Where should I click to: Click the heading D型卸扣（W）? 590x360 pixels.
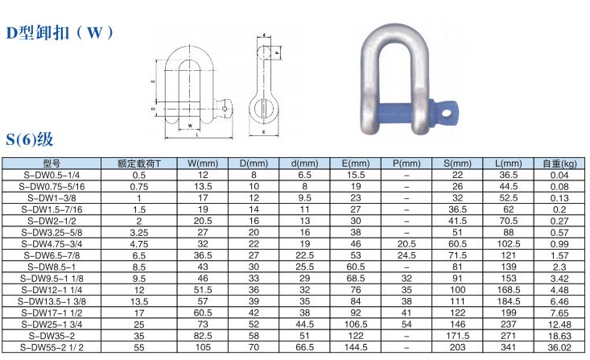(60, 33)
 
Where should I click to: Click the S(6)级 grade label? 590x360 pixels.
(29, 139)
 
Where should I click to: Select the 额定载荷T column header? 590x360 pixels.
(138, 163)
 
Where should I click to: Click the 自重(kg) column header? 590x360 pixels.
(559, 163)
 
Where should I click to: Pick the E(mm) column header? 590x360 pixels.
(356, 163)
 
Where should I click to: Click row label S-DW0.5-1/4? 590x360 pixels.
(52, 175)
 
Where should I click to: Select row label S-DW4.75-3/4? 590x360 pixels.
(52, 244)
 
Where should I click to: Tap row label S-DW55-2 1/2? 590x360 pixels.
(52, 347)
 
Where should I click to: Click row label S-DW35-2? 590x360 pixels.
(52, 336)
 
